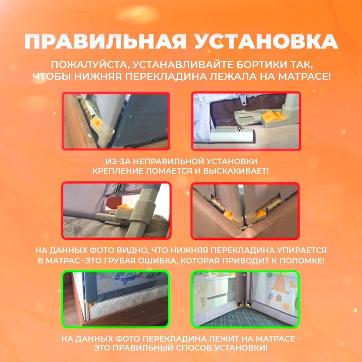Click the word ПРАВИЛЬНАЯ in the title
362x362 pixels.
pos(105,42)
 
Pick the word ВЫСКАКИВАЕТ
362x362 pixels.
pos(236,171)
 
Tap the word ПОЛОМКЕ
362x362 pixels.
pos(302,261)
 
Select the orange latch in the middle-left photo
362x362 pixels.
pos(125,206)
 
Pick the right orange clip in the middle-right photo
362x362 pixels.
pos(260,213)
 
